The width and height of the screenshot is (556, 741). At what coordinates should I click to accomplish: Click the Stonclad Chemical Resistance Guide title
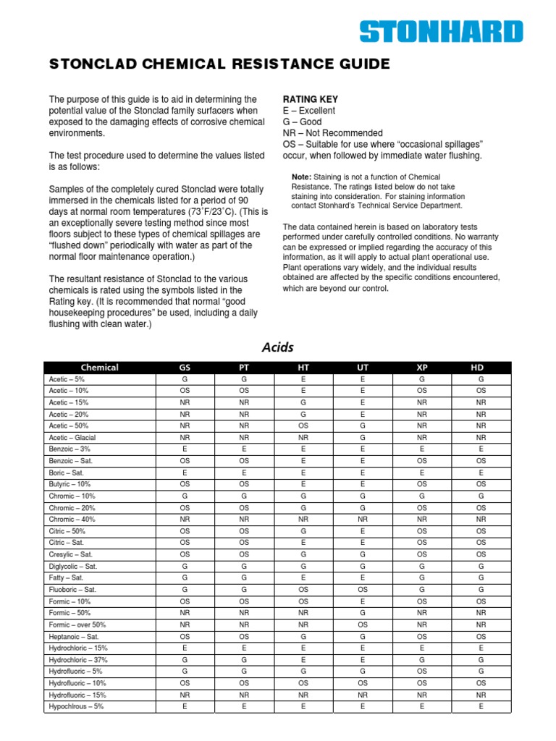219,65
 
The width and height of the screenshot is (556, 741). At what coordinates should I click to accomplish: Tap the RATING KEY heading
310,99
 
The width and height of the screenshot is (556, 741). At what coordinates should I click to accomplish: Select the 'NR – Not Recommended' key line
332,133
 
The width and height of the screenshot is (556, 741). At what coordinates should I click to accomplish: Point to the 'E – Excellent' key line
309,111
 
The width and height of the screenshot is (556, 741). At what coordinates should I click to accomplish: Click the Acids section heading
277,347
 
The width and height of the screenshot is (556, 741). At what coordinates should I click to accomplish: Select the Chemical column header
100,368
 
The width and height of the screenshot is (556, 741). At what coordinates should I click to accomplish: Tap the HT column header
303,368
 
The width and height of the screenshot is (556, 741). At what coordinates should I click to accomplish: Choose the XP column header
422,368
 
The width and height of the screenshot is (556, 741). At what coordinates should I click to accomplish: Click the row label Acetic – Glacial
72,438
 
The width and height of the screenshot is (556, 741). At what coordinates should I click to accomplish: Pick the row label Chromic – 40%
72,520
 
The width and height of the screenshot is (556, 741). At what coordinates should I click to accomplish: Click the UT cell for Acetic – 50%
363,426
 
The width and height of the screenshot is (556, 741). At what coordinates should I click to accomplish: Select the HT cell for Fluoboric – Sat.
303,590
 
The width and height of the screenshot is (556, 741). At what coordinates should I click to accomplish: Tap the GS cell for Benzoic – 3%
185,449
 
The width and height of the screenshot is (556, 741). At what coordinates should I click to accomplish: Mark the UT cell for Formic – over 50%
363,624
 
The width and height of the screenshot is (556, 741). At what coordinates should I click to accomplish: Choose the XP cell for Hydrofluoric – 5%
422,672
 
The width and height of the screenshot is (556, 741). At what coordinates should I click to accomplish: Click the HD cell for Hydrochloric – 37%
481,660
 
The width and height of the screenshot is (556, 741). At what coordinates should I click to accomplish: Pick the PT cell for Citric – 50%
244,531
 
